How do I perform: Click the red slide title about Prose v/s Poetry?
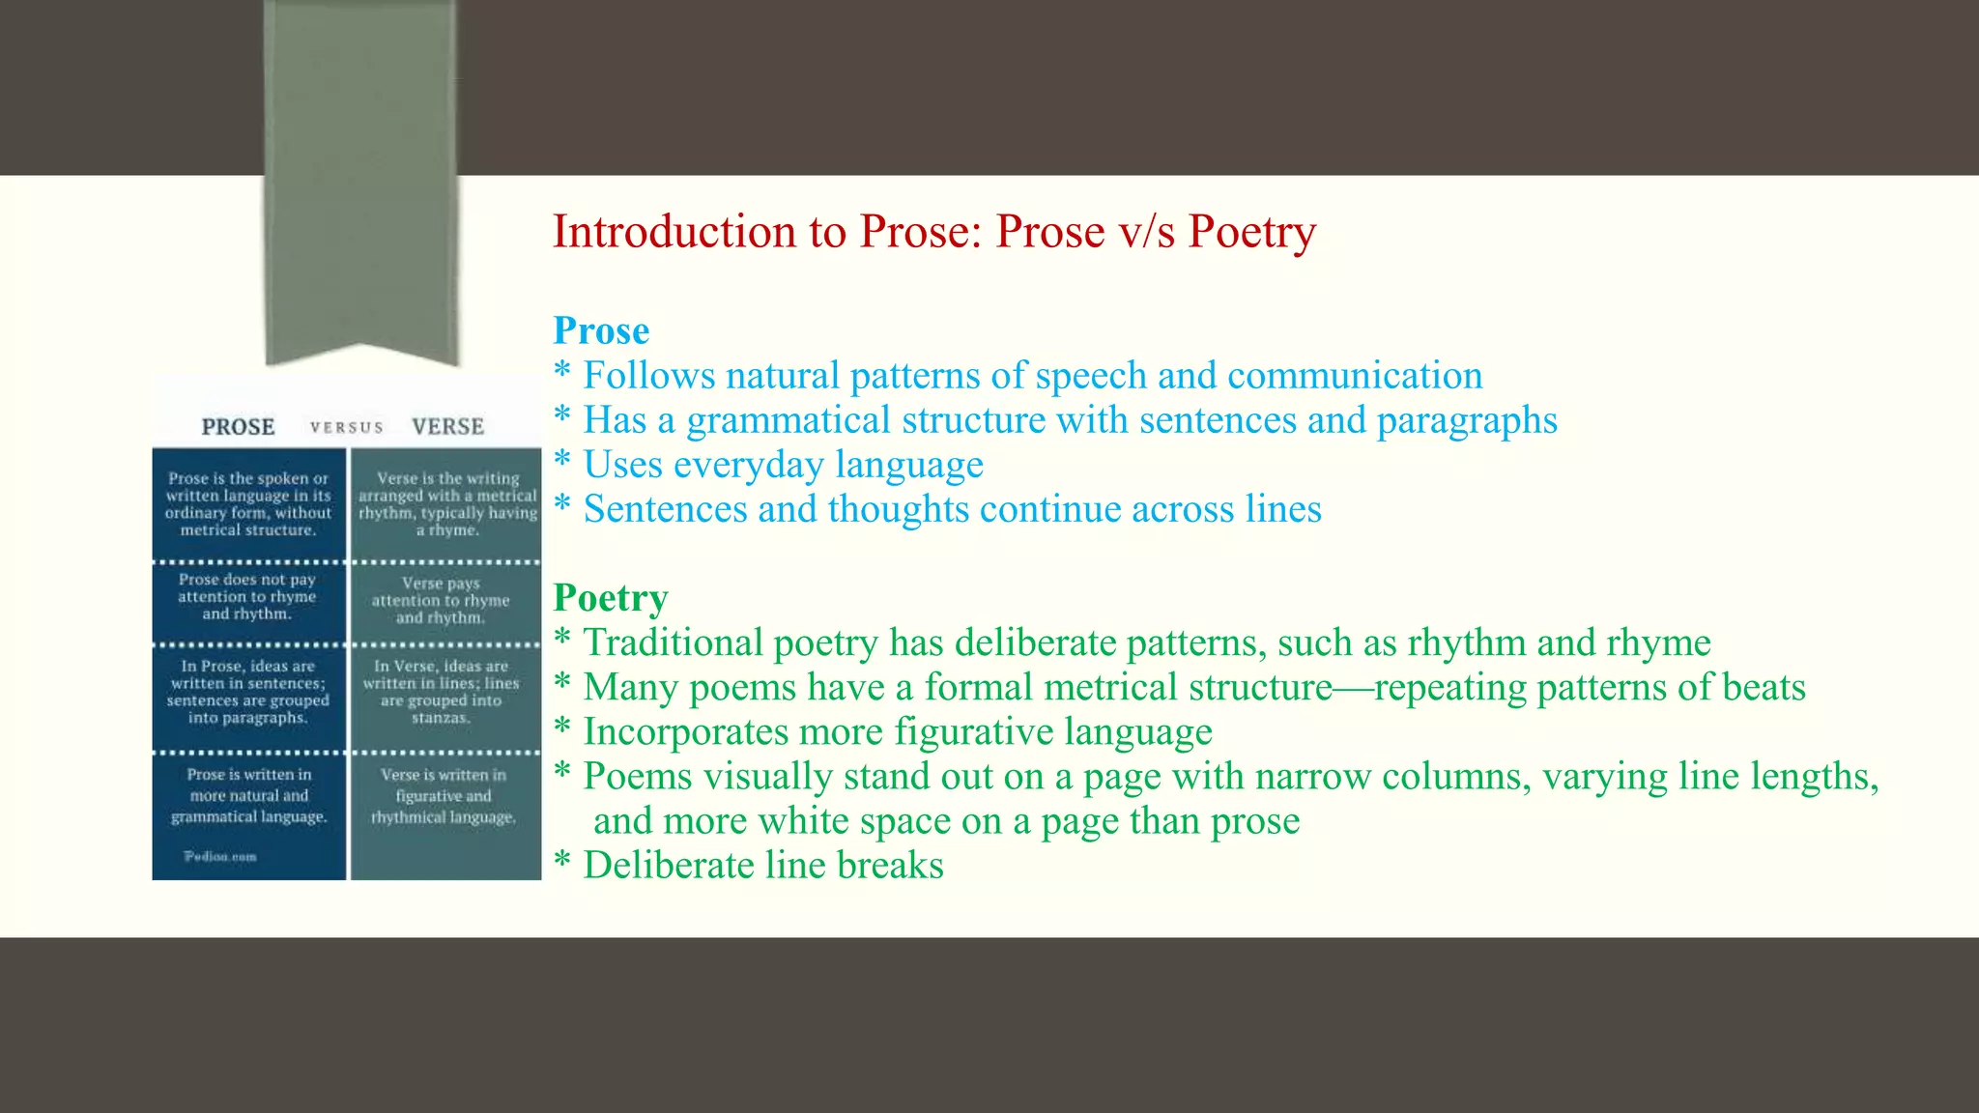click(933, 232)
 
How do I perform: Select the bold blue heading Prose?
click(601, 331)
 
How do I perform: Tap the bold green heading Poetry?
click(611, 598)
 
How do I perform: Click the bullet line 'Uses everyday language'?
click(783, 465)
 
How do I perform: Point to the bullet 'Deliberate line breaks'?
click(763, 866)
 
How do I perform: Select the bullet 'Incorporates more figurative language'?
click(897, 732)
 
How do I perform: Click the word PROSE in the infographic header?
click(238, 427)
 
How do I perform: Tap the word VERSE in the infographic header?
click(447, 427)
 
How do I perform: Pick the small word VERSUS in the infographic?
click(346, 428)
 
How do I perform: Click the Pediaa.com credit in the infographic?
click(220, 856)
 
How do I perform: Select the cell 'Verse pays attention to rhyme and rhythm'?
click(441, 601)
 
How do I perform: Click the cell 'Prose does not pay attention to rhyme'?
click(247, 597)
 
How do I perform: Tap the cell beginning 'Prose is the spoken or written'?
click(248, 504)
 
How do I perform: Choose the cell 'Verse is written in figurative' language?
click(444, 796)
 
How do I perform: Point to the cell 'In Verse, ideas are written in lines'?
click(441, 692)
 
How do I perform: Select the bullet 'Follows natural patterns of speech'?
click(1032, 376)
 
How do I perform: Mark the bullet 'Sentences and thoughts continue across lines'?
click(952, 509)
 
